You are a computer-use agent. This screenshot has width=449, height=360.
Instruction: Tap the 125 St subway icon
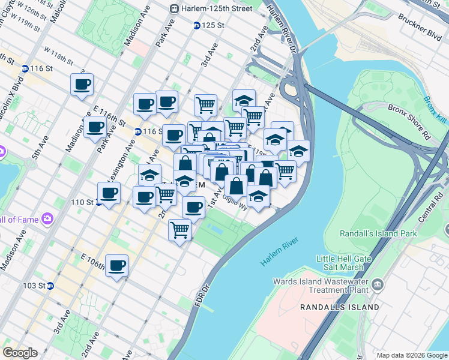tap(196, 26)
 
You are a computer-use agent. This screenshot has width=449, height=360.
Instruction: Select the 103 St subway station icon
tap(50, 286)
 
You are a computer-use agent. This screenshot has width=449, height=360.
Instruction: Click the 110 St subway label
tap(83, 202)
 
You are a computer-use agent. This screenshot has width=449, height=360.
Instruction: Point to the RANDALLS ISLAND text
tap(340, 307)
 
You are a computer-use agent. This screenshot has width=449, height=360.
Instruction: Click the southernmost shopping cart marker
tap(179, 230)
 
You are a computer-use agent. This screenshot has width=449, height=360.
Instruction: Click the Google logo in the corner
tap(20, 353)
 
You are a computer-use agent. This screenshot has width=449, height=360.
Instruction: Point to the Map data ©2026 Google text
tap(411, 355)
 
